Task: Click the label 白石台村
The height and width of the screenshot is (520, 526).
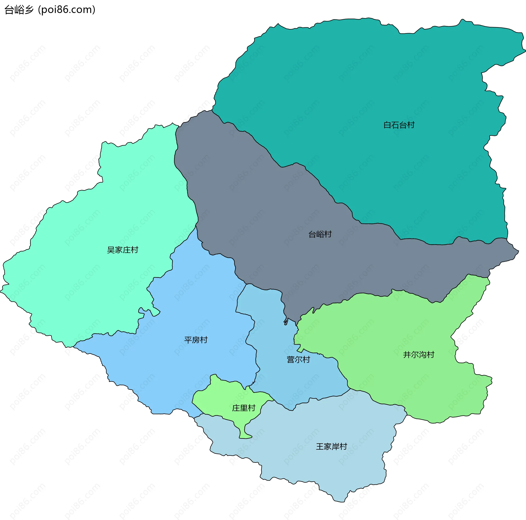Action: [399, 125]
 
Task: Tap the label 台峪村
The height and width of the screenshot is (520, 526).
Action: [320, 234]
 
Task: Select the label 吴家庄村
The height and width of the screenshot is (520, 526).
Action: [122, 250]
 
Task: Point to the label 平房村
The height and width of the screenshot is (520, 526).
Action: [196, 340]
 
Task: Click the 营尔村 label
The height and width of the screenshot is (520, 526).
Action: [298, 360]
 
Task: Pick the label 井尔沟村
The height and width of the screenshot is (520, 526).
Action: [419, 355]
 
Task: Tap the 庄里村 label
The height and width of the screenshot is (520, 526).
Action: [244, 408]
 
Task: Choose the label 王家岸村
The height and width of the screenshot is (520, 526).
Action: [331, 447]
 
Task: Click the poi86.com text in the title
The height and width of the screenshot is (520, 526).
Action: [67, 10]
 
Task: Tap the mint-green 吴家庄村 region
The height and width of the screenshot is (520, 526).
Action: [82, 274]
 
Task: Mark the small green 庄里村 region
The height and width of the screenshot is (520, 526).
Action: [225, 397]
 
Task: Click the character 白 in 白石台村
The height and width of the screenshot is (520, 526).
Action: [387, 125]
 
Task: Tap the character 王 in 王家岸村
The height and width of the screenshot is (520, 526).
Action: [320, 447]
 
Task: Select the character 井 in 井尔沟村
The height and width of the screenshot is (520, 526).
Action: [407, 355]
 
